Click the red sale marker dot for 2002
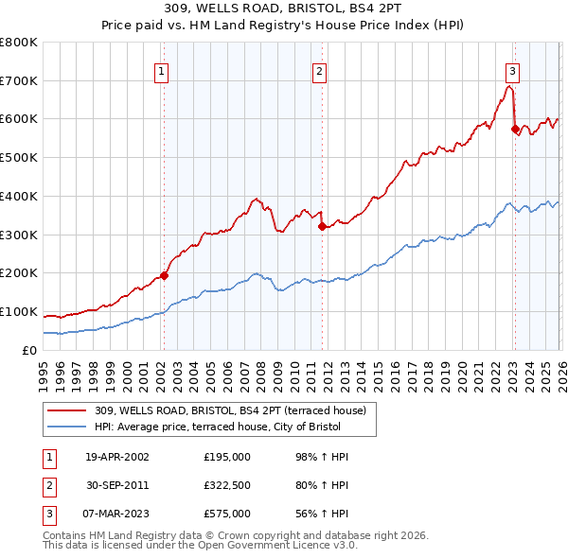click(x=164, y=275)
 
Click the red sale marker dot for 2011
click(x=322, y=226)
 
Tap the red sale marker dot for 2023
click(x=515, y=130)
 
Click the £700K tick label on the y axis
click(x=19, y=80)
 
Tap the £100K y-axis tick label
click(x=19, y=311)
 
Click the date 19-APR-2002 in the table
click(x=118, y=457)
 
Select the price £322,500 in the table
click(x=227, y=485)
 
